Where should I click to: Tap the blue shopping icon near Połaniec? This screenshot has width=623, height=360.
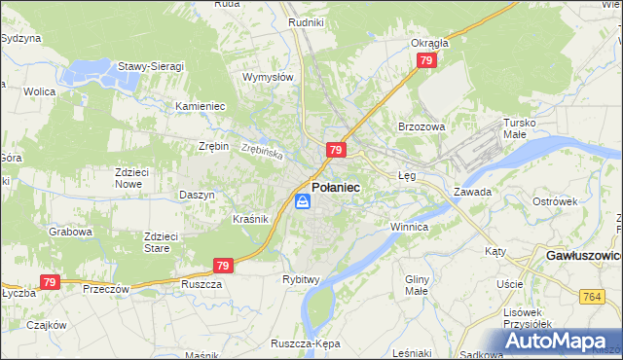(x=303, y=201)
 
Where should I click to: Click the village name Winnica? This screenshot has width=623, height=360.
(x=409, y=227)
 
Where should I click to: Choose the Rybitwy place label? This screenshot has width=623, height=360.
(x=302, y=279)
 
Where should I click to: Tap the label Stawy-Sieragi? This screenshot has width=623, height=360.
(x=151, y=66)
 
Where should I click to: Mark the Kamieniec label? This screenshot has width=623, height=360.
(x=201, y=105)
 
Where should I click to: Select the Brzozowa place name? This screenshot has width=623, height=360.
(x=421, y=126)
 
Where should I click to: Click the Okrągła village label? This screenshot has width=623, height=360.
(x=429, y=43)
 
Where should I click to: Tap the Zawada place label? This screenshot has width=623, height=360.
(x=472, y=192)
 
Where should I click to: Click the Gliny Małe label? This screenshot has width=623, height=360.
(x=416, y=284)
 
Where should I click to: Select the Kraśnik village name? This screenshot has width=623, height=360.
(x=250, y=219)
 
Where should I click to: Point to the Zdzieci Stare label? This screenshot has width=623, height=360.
(x=161, y=241)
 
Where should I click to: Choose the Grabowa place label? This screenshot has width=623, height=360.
(x=71, y=233)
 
